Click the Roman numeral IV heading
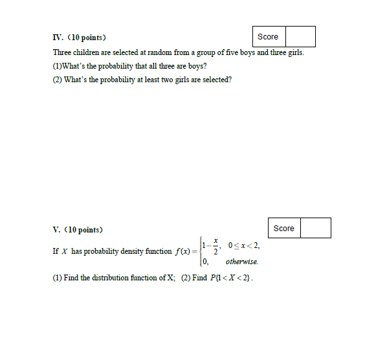pos(58,38)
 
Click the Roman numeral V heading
pos(57,230)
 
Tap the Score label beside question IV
pos(267,37)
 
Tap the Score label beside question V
pos(283,229)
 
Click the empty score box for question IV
pos(300,37)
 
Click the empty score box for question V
pos(316,229)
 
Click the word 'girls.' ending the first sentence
pos(293,52)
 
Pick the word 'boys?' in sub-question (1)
pos(197,66)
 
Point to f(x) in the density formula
pos(182,251)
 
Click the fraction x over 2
pos(215,246)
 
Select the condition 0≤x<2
pos(243,245)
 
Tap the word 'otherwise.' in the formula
pos(242,262)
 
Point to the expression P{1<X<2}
pos(230,278)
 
